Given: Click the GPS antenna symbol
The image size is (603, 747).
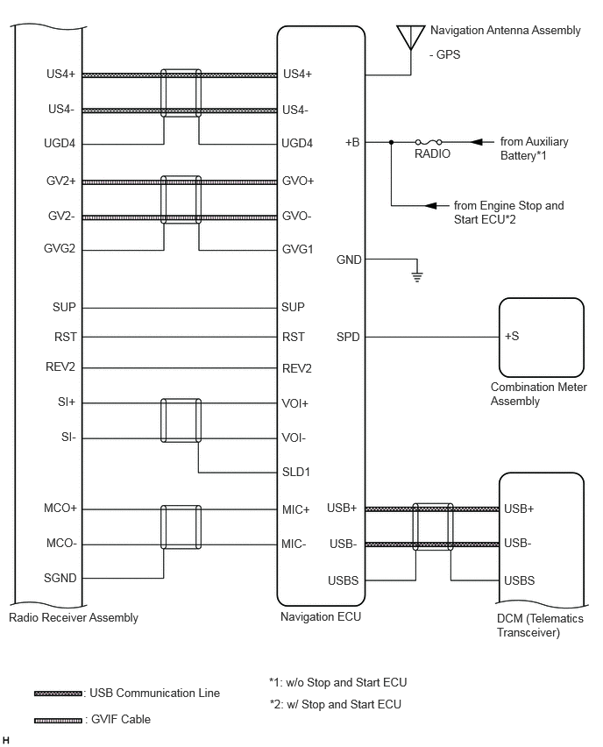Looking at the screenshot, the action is click(x=410, y=37).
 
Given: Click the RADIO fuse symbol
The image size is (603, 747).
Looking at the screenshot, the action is click(x=429, y=141).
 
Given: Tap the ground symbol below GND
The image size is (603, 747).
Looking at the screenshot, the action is click(x=417, y=277).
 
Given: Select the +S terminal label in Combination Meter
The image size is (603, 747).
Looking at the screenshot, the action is click(x=512, y=336).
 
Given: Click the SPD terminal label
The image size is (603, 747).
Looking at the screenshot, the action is click(x=348, y=337).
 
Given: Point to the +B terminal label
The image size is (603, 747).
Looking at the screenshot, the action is click(x=352, y=142).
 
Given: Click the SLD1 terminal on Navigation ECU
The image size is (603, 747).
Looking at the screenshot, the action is click(x=295, y=472).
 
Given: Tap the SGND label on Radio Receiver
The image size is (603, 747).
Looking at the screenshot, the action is click(x=60, y=578).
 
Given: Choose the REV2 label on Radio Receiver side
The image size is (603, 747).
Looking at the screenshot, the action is click(x=60, y=366).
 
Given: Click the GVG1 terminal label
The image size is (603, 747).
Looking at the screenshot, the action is click(x=297, y=249).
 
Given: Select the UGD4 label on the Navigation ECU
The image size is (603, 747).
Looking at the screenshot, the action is click(x=297, y=143).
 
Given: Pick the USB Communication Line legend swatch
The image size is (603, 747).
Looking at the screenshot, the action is click(x=58, y=694).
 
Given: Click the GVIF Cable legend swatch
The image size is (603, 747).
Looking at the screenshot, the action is click(x=58, y=721).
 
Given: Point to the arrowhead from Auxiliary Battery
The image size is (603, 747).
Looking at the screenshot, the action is click(x=477, y=142).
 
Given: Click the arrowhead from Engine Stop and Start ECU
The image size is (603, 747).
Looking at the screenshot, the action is click(x=430, y=205).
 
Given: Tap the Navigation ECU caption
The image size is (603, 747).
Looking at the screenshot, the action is click(x=321, y=616).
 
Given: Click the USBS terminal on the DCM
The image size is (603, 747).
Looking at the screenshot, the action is click(x=519, y=580).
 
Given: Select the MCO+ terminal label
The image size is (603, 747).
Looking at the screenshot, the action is click(x=60, y=508).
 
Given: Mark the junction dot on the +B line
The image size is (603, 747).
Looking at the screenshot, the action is click(x=392, y=142).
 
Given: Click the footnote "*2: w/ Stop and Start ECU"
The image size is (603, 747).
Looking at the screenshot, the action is click(x=336, y=704).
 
